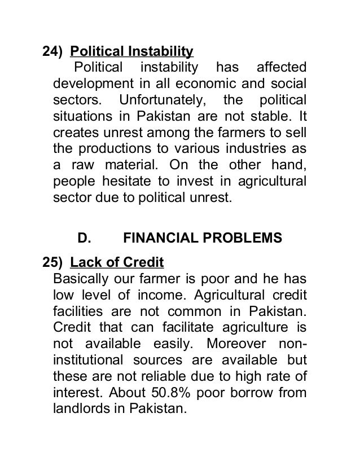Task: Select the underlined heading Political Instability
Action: pos(131,53)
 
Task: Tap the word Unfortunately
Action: pos(160,102)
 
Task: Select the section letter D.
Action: pos(84,238)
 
